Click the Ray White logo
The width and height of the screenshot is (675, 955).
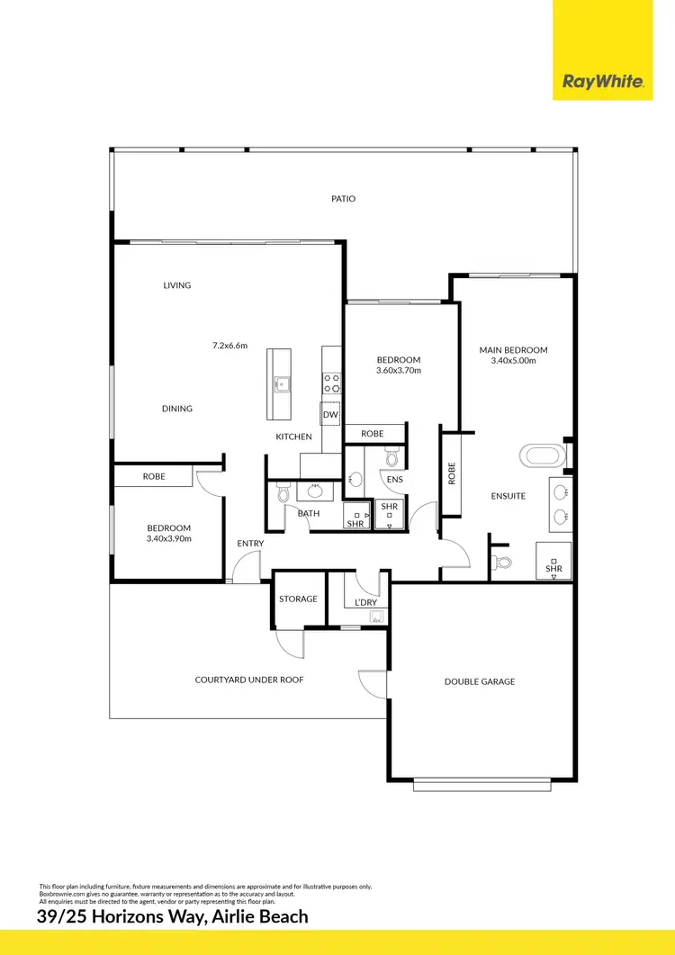(x=602, y=82)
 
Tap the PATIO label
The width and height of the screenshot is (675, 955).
(x=343, y=198)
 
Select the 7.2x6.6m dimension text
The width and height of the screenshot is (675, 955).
(x=229, y=345)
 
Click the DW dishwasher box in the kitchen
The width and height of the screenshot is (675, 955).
(x=330, y=414)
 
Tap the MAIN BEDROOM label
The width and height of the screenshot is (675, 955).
(x=514, y=350)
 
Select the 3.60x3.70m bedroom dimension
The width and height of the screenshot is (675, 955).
(x=398, y=370)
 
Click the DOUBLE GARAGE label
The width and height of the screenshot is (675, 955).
(x=480, y=681)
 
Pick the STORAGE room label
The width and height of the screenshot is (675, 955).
(x=298, y=599)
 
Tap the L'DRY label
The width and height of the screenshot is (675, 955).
(x=366, y=601)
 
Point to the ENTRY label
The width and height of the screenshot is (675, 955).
(x=250, y=543)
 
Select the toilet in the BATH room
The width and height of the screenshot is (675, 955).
(x=283, y=493)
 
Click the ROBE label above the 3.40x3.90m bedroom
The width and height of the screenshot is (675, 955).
(x=154, y=475)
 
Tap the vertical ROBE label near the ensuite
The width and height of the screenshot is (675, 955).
(x=452, y=473)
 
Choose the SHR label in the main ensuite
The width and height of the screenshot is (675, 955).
(x=553, y=569)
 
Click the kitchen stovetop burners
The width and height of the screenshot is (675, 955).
(x=332, y=383)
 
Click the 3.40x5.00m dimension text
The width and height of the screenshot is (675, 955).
(x=514, y=361)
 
